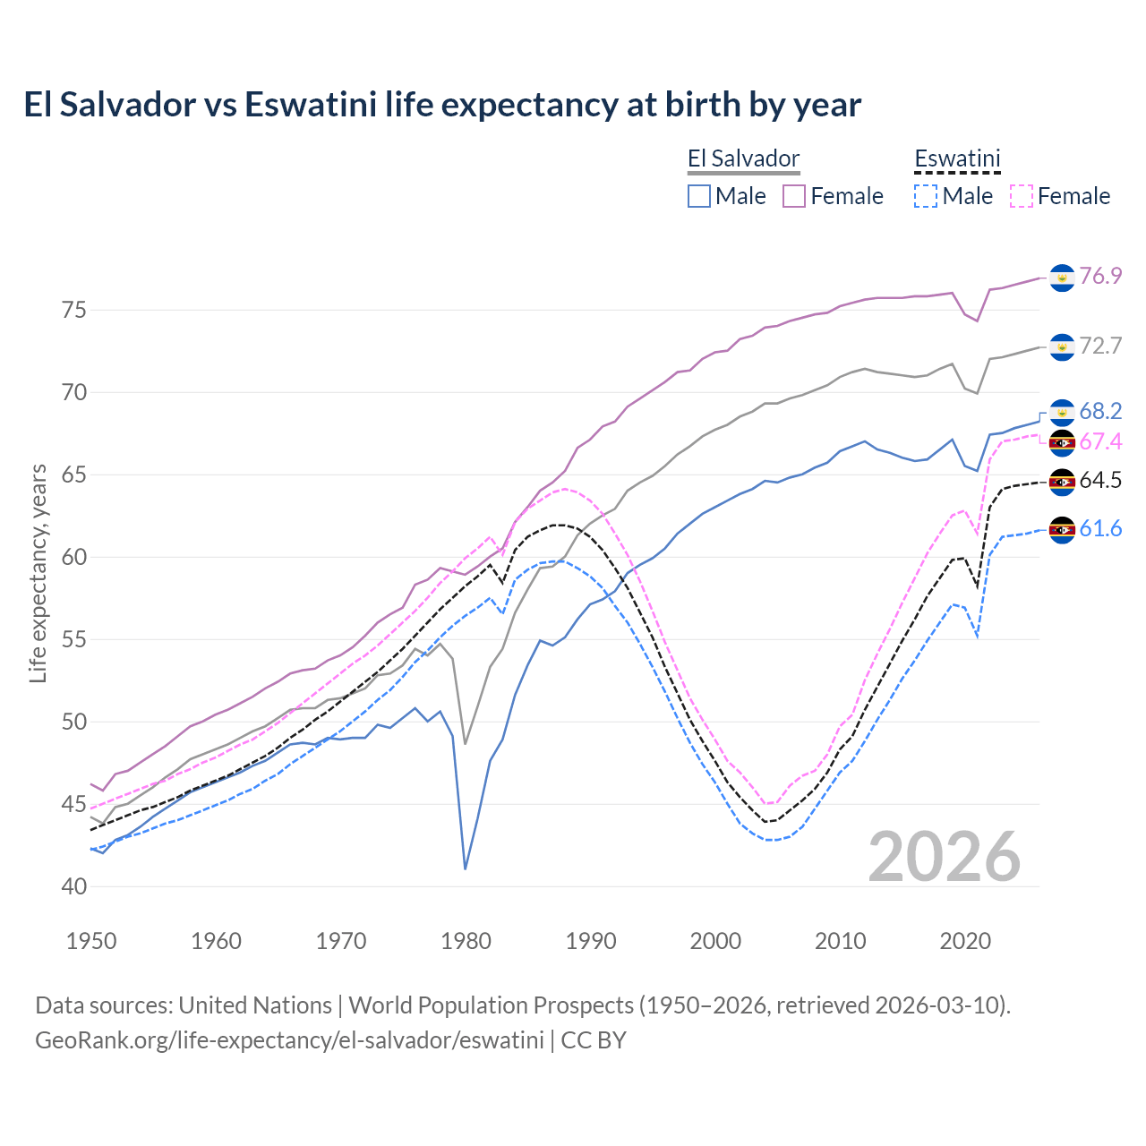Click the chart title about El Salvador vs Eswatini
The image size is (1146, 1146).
[442, 105]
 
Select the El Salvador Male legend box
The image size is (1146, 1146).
[699, 196]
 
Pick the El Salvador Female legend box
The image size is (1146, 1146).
[794, 196]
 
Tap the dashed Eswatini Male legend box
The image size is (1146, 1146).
[926, 196]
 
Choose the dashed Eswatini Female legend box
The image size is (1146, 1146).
[1022, 196]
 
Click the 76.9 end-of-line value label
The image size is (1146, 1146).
[1100, 276]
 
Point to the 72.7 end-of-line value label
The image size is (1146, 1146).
[1100, 346]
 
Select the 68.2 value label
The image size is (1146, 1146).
[1100, 411]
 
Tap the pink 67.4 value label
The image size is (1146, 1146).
[1100, 441]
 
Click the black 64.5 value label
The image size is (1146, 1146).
[1100, 481]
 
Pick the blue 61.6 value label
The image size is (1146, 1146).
[1100, 529]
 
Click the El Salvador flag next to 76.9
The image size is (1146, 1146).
[1062, 278]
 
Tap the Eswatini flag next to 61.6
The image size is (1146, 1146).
[1062, 530]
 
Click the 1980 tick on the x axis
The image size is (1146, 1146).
[466, 941]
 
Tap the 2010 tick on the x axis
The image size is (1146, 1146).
[840, 941]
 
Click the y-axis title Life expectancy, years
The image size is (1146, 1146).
[38, 573]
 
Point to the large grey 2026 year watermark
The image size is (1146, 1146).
[944, 857]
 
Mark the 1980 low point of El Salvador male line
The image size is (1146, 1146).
[466, 868]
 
